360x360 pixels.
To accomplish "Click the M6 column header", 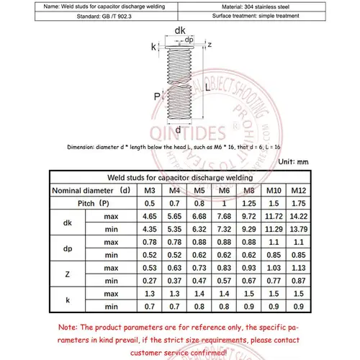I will pyautogui.click(x=225, y=190).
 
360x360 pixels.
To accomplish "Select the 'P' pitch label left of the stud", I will pyautogui.click(x=156, y=96).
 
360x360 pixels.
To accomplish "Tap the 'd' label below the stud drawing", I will pyautogui.click(x=179, y=130).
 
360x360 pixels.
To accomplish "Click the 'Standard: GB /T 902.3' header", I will pyautogui.click(x=90, y=15).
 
